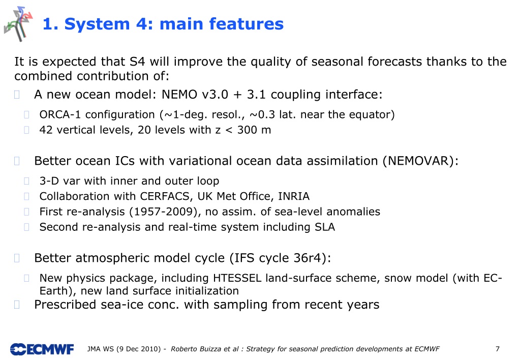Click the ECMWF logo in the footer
(x=42, y=349)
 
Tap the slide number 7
(x=498, y=349)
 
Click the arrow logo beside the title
(x=19, y=24)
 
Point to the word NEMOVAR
(x=418, y=161)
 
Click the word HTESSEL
(x=237, y=278)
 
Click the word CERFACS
(x=164, y=196)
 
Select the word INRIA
(x=294, y=196)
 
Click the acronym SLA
(x=325, y=227)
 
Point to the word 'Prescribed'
(x=65, y=305)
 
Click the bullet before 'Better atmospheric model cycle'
(x=17, y=258)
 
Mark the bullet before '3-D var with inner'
(x=26, y=181)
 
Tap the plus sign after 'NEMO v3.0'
(x=237, y=95)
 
